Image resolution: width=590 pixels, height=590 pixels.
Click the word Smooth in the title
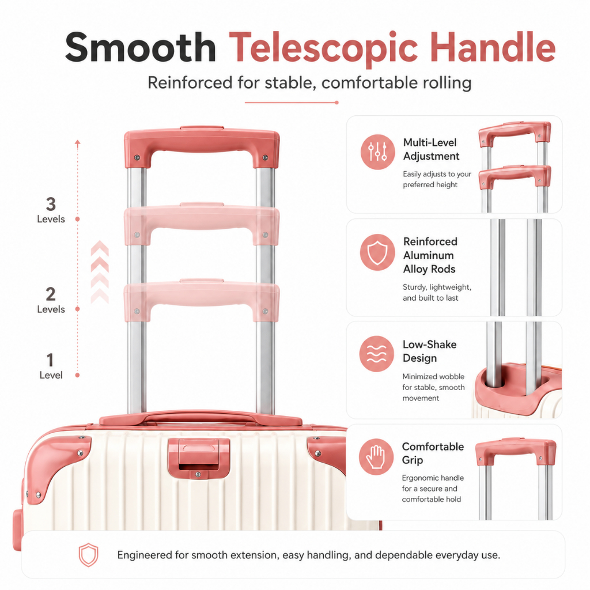click(141, 47)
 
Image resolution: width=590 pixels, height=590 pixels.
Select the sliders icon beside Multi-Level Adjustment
click(377, 152)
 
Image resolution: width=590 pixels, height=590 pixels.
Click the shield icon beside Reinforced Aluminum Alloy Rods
click(377, 252)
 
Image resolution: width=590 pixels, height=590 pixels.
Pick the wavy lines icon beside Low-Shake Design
click(377, 354)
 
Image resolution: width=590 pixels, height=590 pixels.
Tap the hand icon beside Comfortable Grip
click(376, 456)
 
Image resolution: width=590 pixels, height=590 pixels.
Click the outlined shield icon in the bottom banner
click(88, 555)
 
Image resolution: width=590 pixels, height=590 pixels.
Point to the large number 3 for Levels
click(51, 205)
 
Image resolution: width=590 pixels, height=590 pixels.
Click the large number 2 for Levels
click(51, 294)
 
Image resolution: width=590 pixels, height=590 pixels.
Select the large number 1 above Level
click(50, 360)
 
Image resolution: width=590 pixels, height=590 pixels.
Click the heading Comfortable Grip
click(433, 453)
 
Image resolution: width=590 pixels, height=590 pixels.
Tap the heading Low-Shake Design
click(429, 351)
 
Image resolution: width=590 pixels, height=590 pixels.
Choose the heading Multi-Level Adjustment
click(431, 149)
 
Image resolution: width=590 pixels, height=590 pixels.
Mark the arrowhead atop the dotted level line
click(78, 143)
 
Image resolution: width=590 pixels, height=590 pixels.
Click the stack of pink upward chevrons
click(100, 272)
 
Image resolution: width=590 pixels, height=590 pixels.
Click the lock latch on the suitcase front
click(198, 458)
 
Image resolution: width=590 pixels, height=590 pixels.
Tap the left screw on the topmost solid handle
click(137, 157)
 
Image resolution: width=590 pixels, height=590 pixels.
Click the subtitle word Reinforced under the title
click(190, 83)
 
